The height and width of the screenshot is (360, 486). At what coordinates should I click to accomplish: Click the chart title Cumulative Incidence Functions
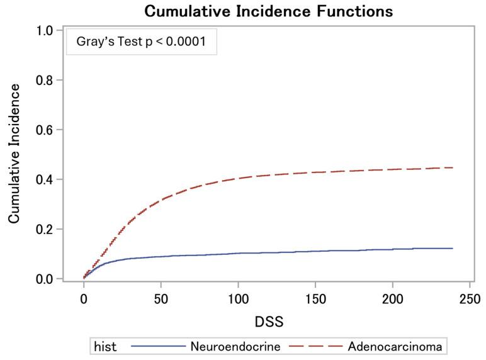click(268, 11)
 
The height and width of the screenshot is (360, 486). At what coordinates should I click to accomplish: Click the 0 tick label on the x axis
click(84, 298)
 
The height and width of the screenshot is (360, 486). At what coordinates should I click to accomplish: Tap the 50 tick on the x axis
click(161, 298)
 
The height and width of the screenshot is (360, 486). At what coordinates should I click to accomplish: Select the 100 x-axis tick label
click(238, 298)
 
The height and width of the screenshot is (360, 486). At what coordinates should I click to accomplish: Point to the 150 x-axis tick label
click(315, 298)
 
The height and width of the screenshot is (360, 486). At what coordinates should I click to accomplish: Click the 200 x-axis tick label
click(393, 298)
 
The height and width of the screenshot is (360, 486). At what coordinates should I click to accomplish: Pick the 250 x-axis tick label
click(470, 298)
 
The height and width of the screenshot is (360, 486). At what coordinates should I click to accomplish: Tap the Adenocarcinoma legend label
click(395, 346)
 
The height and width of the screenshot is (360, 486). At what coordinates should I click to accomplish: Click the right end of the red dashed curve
click(453, 167)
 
